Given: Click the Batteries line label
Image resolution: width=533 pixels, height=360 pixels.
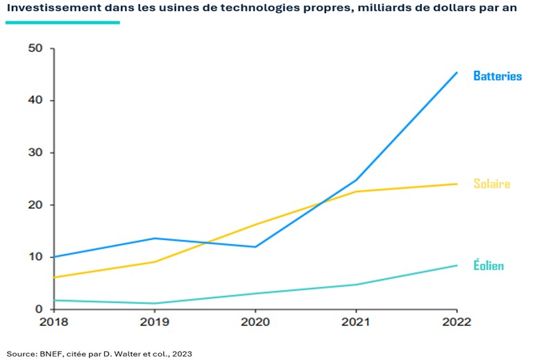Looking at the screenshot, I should click(x=497, y=76).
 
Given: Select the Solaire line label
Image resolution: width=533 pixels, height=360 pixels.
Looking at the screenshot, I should click(x=491, y=184).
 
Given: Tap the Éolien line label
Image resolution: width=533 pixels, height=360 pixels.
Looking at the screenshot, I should click(x=489, y=266).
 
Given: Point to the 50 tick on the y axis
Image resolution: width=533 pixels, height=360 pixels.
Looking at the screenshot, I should click(x=35, y=49).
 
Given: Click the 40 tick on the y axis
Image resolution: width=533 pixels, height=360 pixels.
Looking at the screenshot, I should click(x=35, y=101).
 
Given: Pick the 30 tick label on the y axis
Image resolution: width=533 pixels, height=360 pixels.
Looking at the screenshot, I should click(x=35, y=153).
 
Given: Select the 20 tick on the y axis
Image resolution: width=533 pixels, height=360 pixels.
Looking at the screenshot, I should click(x=35, y=205).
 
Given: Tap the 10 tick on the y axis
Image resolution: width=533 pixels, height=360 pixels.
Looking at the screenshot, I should click(x=35, y=257).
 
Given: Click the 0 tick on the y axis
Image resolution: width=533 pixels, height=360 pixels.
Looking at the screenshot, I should click(x=39, y=309).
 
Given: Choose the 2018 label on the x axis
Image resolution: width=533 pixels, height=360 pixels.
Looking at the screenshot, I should click(x=53, y=322).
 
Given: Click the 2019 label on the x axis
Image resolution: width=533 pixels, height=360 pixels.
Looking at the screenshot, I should click(x=155, y=322).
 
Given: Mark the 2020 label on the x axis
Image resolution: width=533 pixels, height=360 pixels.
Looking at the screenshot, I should click(x=255, y=322).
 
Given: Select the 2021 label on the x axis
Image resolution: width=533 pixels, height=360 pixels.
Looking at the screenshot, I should click(x=356, y=322).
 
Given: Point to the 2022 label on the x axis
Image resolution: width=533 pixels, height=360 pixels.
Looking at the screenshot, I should click(x=456, y=322).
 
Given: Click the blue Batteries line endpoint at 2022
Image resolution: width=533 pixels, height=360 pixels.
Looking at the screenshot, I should click(x=457, y=72).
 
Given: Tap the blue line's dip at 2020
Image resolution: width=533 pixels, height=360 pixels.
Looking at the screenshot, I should click(x=255, y=247).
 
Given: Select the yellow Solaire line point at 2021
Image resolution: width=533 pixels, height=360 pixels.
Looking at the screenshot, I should click(x=356, y=191).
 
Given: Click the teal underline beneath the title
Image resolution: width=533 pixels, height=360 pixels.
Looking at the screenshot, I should click(x=62, y=22).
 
